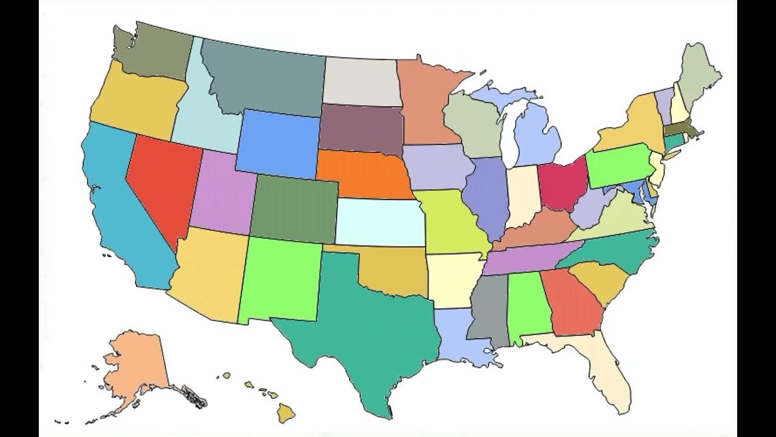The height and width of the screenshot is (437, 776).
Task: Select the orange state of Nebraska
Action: [364, 173]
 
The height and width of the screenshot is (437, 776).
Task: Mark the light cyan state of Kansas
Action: [379, 222]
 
